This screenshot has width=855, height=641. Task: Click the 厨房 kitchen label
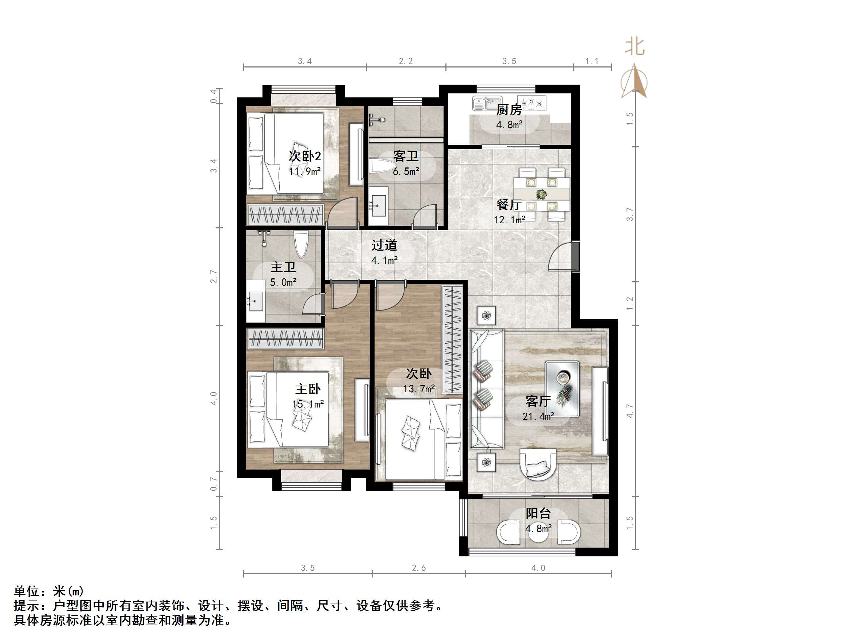pos(509,110)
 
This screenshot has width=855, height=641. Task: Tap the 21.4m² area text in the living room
pos(538,417)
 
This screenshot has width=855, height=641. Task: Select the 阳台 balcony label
pos(538,514)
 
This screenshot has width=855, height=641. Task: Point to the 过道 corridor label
pos(384,245)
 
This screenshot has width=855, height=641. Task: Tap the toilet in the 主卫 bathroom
pos(301,244)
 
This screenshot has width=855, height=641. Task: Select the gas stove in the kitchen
pos(532,103)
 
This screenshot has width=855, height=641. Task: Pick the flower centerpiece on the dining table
pos(541,194)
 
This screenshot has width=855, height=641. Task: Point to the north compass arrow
pos(634,81)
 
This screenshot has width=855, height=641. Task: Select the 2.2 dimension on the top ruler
pos(406,61)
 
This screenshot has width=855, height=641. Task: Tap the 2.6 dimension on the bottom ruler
pos(419,568)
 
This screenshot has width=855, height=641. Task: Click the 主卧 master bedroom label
pos(308,389)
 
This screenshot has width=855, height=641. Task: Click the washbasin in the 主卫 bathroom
pos(256,301)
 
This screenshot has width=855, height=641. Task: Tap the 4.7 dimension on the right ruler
pos(630,411)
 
